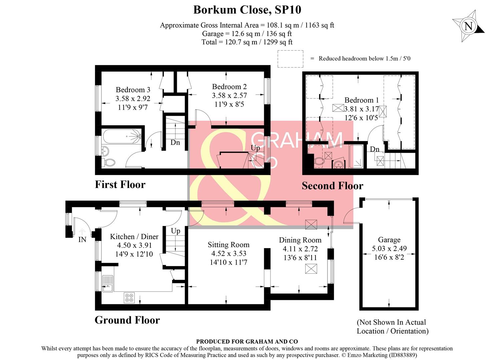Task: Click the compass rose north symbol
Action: [468, 26]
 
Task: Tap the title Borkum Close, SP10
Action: [247, 10]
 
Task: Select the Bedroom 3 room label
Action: [133, 90]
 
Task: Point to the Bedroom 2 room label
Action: [229, 87]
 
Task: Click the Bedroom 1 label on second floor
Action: [362, 100]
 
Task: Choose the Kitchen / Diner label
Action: [134, 237]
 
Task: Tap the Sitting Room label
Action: [228, 245]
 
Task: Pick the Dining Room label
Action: [300, 240]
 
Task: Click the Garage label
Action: [389, 240]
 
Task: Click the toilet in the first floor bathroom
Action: [109, 163]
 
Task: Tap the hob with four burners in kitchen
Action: [129, 297]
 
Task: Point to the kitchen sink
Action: [108, 284]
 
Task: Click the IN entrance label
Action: [82, 239]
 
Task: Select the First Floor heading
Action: [120, 185]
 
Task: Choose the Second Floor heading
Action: [332, 186]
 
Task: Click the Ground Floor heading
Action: [127, 320]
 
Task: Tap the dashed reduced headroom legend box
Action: [290, 59]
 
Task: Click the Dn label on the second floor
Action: [375, 149]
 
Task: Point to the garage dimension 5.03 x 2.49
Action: [389, 249]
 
